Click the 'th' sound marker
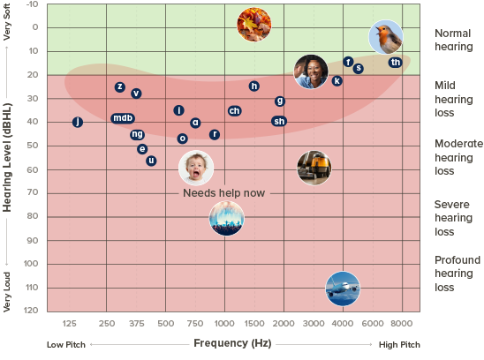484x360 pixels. [x=395, y=63]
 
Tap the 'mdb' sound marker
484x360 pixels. [x=123, y=118]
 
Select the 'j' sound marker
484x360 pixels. [x=78, y=122]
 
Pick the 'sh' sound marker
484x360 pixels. [x=279, y=121]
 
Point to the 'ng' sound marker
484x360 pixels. [x=137, y=134]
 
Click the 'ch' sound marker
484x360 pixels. [x=234, y=110]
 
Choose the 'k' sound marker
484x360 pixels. [x=337, y=81]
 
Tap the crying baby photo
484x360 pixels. [x=196, y=168]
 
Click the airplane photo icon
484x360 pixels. [x=343, y=288]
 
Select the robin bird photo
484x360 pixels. [x=386, y=37]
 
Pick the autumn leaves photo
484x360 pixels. [x=254, y=25]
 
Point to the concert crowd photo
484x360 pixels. [x=227, y=218]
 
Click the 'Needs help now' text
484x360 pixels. [x=223, y=192]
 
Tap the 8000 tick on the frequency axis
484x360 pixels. [x=402, y=324]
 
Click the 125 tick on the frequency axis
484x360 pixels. [x=70, y=324]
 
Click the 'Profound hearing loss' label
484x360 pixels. [x=457, y=274]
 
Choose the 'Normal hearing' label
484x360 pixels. [x=453, y=40]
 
